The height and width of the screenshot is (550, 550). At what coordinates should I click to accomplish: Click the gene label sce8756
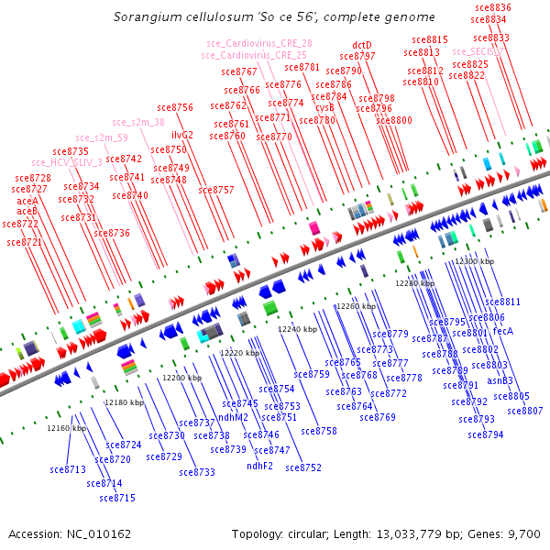[x=175, y=107]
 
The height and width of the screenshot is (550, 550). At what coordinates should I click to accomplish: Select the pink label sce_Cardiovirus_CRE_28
[x=258, y=43]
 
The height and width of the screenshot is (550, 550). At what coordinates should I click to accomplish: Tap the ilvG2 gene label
[x=182, y=135]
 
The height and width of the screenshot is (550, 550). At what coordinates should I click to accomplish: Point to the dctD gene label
[x=362, y=45]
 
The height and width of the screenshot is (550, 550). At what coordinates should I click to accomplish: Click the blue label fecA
[x=503, y=331]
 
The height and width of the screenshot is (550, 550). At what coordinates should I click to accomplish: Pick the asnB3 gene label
[x=500, y=380]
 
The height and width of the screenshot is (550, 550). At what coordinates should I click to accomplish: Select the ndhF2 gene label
[x=260, y=466]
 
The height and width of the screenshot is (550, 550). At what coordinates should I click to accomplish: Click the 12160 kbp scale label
[x=67, y=428]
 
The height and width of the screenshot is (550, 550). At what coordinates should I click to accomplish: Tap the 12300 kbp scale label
[x=475, y=262]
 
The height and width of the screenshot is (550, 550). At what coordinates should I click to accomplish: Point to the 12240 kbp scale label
[x=297, y=329]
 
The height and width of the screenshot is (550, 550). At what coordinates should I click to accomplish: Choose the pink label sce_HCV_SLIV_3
[x=67, y=162]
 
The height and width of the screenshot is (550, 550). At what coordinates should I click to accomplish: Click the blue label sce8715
[x=117, y=498]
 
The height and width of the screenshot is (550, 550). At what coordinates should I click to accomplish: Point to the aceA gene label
[x=27, y=201]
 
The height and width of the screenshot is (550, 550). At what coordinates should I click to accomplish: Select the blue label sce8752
[x=303, y=467]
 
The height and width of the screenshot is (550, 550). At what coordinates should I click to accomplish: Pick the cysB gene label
[x=324, y=107]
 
